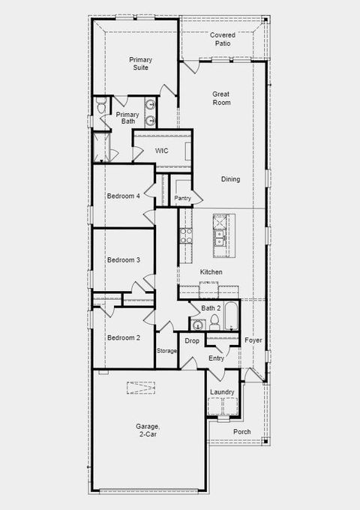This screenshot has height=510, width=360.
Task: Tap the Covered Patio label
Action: [x=223, y=40]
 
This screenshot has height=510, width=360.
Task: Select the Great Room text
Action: [x=220, y=98]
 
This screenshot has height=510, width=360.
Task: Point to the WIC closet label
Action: [x=161, y=151]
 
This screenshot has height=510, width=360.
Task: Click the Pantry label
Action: [x=182, y=198]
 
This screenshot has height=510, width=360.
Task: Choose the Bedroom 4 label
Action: [x=123, y=196]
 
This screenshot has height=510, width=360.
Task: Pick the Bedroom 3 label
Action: [x=123, y=260]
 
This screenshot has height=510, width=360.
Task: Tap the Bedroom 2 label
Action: [x=123, y=337]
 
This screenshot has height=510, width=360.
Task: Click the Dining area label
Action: [x=231, y=179]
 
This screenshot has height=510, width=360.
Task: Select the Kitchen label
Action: [x=211, y=271]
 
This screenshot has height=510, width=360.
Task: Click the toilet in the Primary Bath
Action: [x=100, y=108]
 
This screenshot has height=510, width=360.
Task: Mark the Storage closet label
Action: [x=166, y=351]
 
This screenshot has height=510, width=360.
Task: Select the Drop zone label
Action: [x=192, y=341]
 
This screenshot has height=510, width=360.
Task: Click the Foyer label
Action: [x=253, y=340]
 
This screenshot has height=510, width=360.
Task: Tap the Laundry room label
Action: [x=222, y=392]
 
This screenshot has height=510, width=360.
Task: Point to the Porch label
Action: [x=242, y=431]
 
